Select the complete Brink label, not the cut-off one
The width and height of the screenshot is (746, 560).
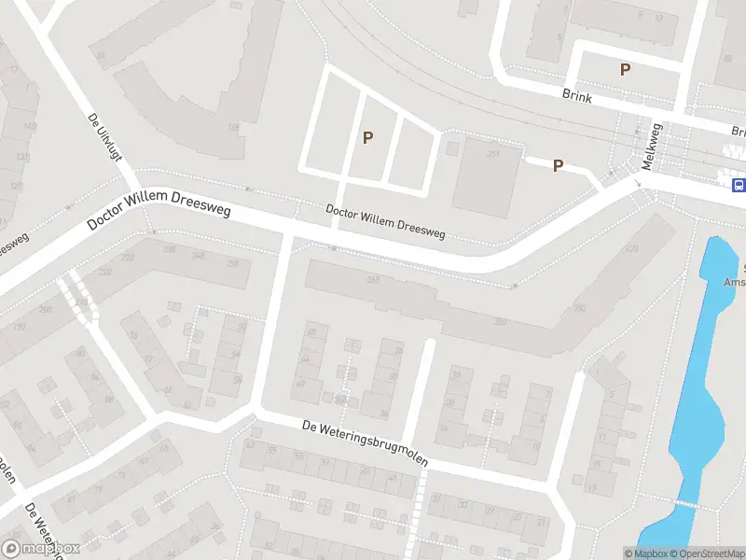coord(578,94)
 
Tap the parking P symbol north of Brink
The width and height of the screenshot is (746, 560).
coord(625,69)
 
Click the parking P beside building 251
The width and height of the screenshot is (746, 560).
coord(558,165)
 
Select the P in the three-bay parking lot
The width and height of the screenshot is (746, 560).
coord(368,138)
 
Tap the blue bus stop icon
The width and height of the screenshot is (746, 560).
coord(738,185)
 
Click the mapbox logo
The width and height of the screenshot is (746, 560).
coord(41,549)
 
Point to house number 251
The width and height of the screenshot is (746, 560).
coord(492,153)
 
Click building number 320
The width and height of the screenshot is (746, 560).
coord(631,248)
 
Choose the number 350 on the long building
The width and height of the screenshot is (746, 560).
coord(501,322)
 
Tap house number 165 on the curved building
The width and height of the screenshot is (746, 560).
coord(234,127)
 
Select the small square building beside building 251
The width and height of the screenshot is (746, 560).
coord(452,147)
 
